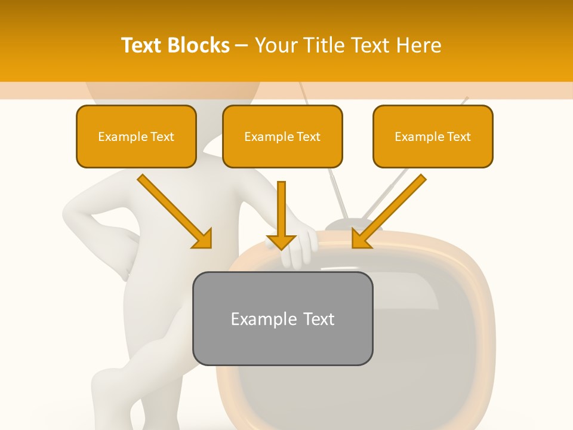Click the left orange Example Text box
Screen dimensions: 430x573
pyautogui.click(x=136, y=137)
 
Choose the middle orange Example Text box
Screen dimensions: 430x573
pyautogui.click(x=282, y=137)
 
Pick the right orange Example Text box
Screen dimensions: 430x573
pyautogui.click(x=433, y=137)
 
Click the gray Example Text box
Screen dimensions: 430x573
pyautogui.click(x=282, y=318)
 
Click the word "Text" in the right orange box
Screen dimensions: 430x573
pyautogui.click(x=458, y=137)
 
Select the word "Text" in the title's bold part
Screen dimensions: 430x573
pyautogui.click(x=141, y=45)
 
